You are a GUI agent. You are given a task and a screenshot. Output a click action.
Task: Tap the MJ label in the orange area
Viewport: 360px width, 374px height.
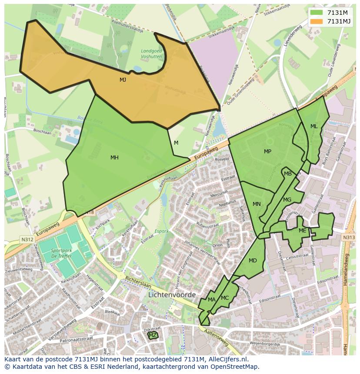click(123, 80)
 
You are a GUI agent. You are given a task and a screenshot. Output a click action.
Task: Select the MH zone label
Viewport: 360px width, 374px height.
click(114, 158)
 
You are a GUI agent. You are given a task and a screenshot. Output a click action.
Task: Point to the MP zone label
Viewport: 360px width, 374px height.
click(267, 152)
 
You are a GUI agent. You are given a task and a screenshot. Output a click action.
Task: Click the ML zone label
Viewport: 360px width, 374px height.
click(314, 126)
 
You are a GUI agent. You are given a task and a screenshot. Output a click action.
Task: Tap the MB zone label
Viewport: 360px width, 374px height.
click(288, 174)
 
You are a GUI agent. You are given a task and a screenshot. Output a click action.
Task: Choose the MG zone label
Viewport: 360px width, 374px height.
click(287, 200)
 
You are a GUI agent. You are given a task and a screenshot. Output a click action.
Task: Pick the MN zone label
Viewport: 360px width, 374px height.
click(257, 204)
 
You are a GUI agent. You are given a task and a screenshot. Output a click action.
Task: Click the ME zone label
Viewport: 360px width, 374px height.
click(303, 231)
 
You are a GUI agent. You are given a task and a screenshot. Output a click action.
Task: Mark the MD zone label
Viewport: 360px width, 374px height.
click(253, 261)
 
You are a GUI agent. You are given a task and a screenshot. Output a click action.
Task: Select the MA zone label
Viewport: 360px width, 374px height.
click(211, 300)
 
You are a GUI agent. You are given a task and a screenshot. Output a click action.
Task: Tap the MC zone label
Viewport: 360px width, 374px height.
click(225, 298)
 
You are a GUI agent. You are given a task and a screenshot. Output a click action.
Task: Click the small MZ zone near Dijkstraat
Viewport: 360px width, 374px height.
click(153, 335)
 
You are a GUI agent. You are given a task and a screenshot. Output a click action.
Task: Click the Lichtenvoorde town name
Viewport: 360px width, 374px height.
click(172, 295)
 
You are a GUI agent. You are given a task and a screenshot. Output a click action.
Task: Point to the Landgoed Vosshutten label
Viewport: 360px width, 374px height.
click(151, 53)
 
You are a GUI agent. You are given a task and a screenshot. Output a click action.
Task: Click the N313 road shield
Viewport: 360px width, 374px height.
click(348, 238)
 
